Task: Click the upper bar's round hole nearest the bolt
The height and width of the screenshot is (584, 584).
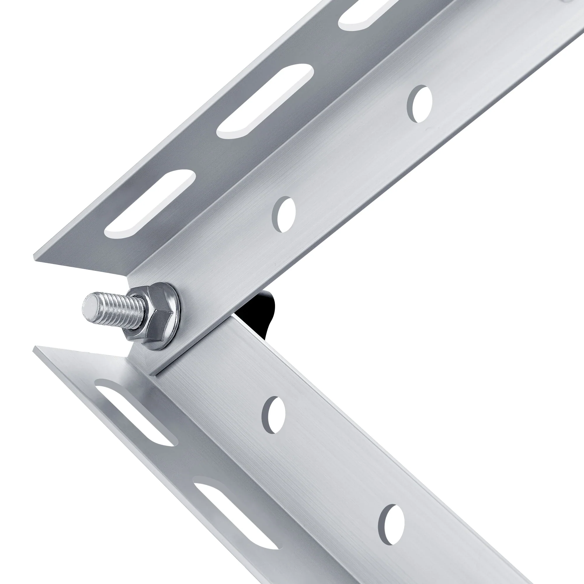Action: (285, 214)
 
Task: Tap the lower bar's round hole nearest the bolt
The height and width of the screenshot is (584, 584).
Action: (274, 415)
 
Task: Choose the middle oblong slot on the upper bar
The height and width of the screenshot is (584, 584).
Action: (265, 101)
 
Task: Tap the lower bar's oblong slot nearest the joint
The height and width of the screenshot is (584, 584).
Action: (135, 412)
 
